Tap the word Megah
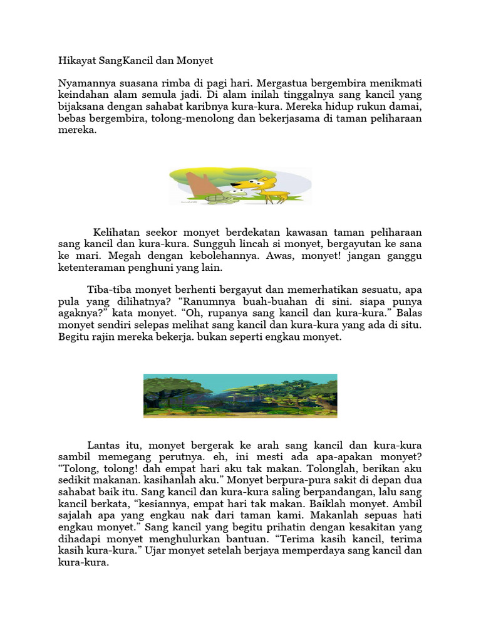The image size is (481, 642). click(123, 256)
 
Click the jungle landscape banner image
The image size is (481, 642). click(240, 396)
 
